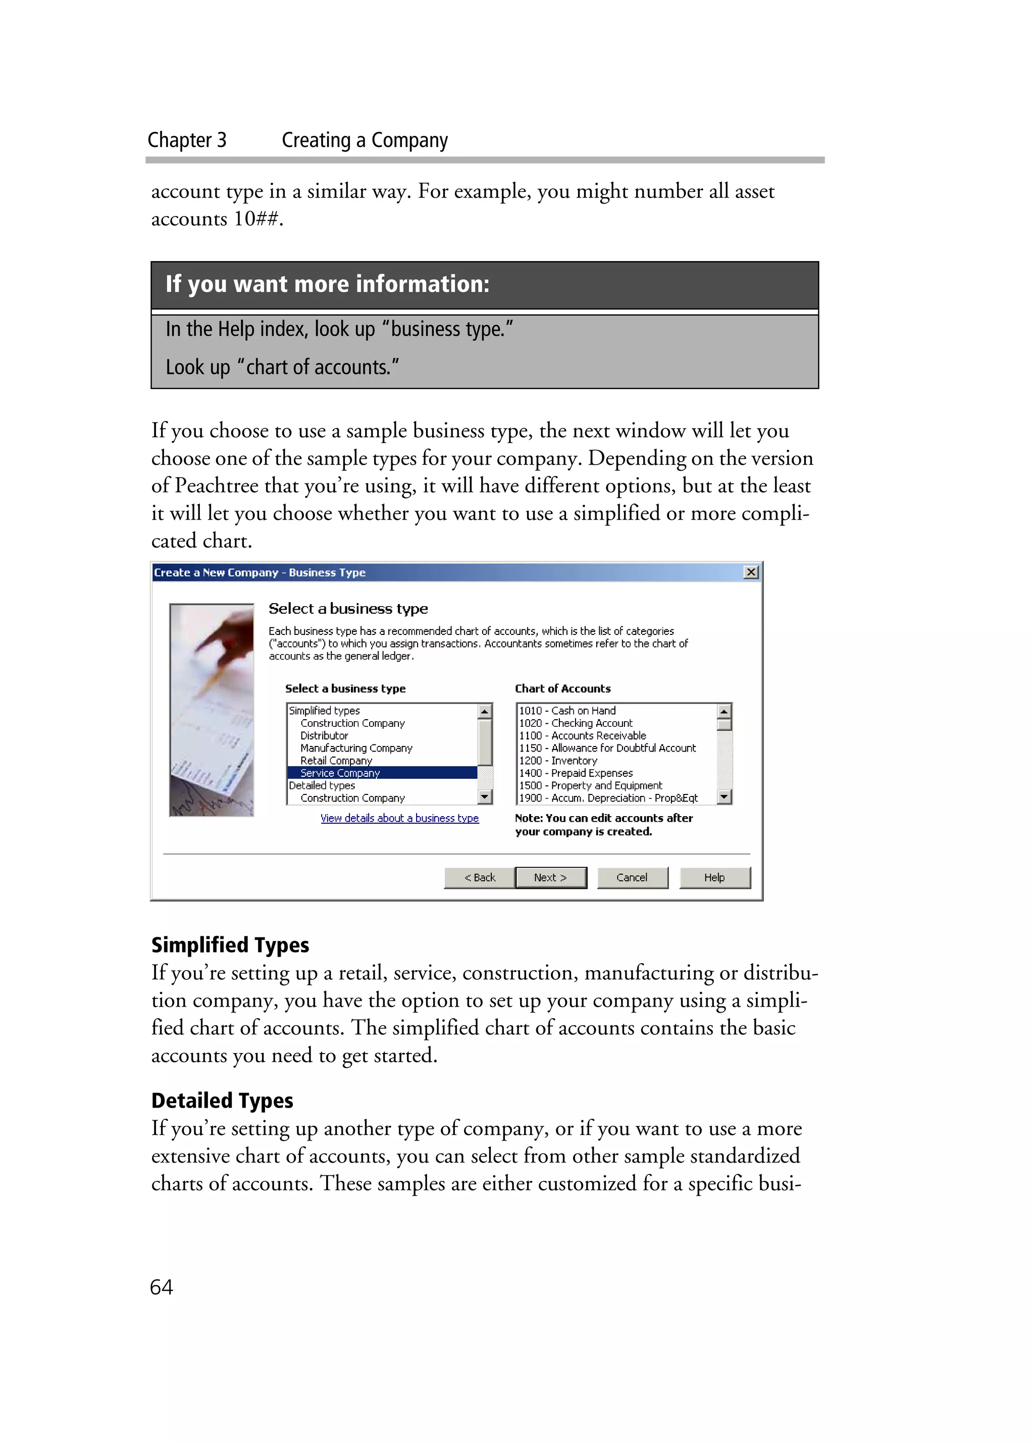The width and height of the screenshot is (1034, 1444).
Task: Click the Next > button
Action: tap(550, 877)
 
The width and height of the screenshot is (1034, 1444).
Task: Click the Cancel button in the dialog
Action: tap(632, 877)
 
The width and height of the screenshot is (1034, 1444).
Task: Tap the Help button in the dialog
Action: tap(714, 877)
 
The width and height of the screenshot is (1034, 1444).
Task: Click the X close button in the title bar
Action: tap(751, 572)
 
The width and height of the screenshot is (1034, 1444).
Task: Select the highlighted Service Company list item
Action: tap(340, 773)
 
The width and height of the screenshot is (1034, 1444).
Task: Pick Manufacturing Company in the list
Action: tap(356, 748)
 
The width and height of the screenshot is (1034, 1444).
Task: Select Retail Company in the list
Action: tap(336, 760)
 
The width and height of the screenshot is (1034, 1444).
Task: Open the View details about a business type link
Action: tap(399, 818)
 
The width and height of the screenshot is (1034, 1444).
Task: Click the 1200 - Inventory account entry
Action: tap(558, 760)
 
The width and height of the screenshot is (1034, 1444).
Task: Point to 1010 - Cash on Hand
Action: tap(567, 711)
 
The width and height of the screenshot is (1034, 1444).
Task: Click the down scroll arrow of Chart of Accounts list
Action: tap(723, 797)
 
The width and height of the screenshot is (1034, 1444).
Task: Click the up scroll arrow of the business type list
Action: tap(485, 711)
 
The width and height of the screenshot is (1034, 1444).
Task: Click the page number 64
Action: tap(161, 1287)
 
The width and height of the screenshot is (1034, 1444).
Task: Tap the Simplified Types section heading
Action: tap(230, 945)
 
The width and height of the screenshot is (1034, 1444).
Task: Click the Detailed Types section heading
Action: tap(222, 1101)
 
